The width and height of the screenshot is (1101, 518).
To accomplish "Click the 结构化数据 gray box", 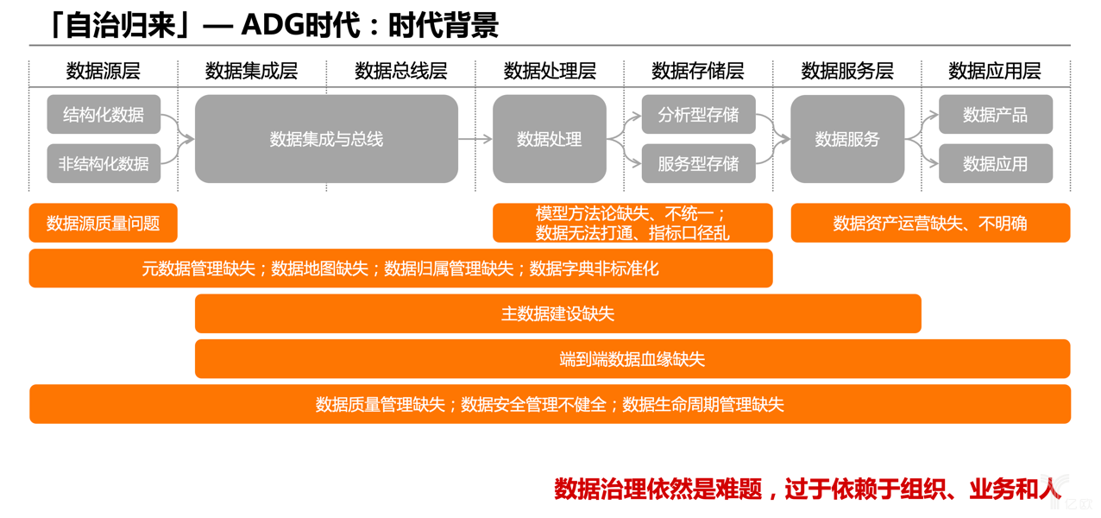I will pos(104,115).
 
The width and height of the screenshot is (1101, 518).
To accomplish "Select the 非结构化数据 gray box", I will pos(104,163).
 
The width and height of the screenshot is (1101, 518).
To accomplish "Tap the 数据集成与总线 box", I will pos(326,139).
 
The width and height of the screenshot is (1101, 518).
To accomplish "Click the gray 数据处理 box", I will pos(550,139).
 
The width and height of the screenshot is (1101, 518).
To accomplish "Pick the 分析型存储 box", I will pos(698,115).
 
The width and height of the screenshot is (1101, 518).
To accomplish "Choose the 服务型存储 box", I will pos(698,163).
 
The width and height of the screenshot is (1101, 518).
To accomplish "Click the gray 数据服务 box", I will pos(847,139).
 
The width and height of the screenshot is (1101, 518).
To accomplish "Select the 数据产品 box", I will pos(995,115).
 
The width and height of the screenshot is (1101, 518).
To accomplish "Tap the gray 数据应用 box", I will pos(995,163).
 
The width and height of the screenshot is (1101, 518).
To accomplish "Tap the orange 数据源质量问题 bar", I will pos(104,224).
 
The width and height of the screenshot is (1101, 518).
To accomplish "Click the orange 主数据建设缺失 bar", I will pos(558,314).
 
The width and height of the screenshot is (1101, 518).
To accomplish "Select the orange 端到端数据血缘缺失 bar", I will pos(632,359).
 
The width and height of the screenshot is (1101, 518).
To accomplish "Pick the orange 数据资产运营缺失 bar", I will pos(930,224).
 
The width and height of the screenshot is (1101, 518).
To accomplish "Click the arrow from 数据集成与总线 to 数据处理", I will pos(475,139).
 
